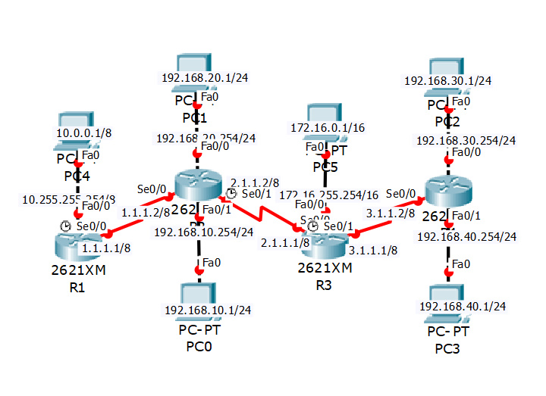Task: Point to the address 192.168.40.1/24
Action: tap(463, 306)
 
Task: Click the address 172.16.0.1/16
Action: tap(327, 127)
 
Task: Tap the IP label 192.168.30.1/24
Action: tap(448, 80)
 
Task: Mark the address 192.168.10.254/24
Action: tap(204, 232)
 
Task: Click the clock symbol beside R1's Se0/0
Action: tap(66, 226)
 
